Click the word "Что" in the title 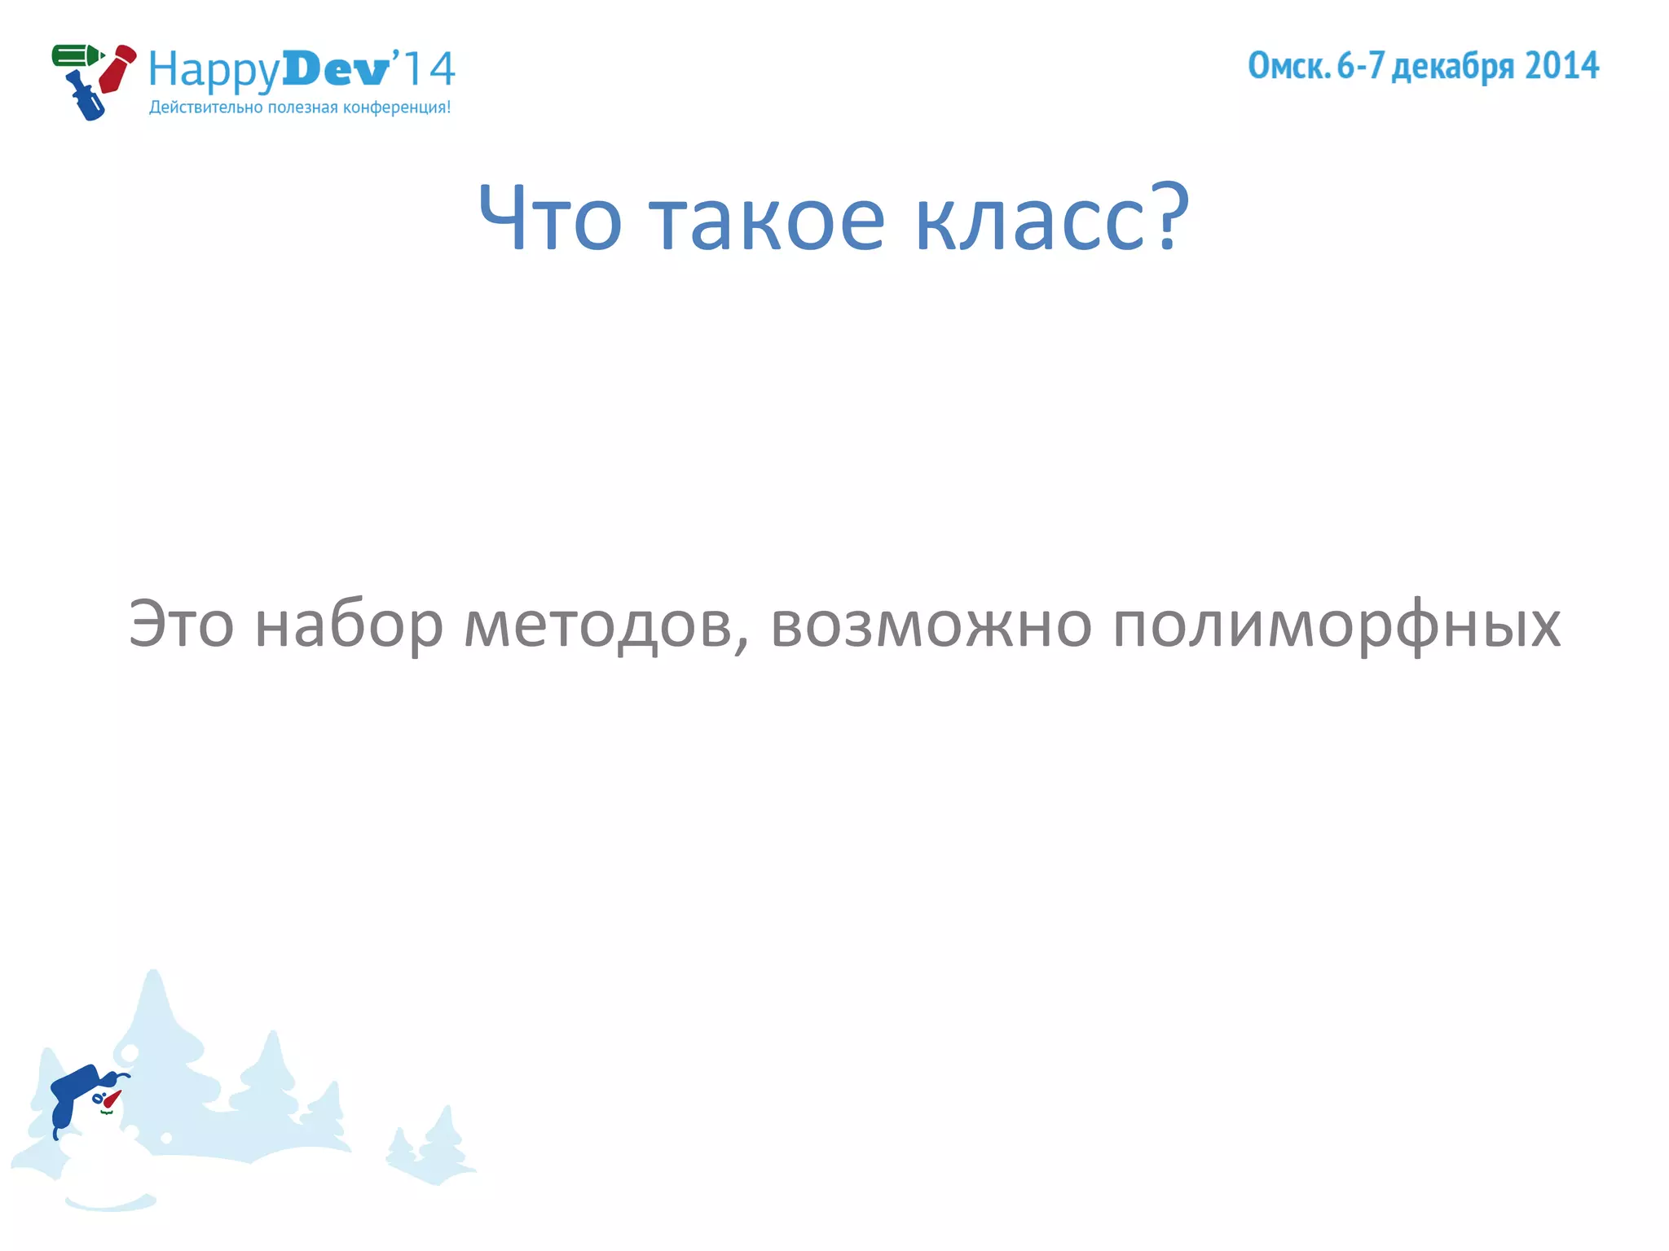click(x=550, y=218)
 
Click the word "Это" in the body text click(x=181, y=625)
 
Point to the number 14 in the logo click(x=429, y=69)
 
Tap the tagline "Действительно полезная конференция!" click(x=300, y=108)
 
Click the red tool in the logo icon click(x=117, y=68)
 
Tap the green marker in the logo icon click(x=76, y=56)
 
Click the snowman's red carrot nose click(x=112, y=1100)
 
